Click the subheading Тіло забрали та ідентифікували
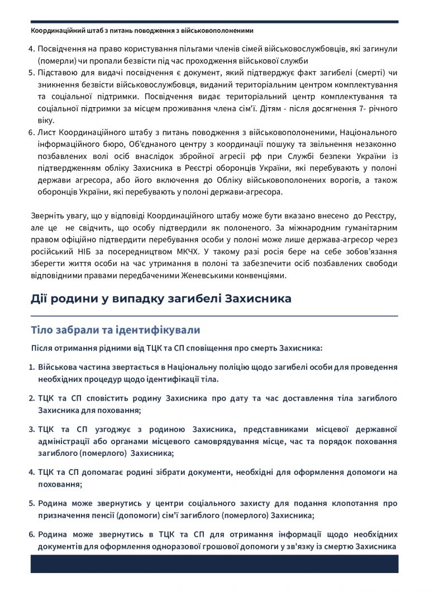point(115,330)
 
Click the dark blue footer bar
point(214,564)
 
